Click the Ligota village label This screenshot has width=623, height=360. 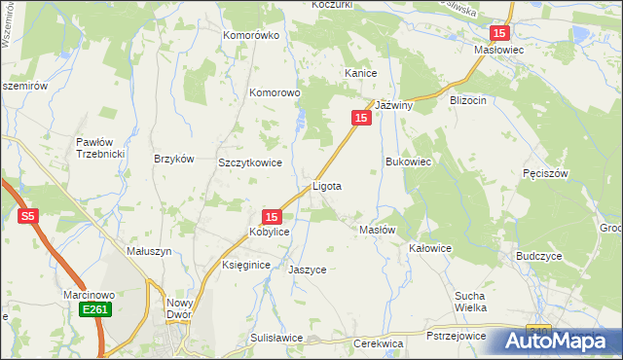(326, 185)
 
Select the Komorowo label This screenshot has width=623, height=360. (277, 93)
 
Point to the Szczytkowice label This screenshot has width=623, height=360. (250, 163)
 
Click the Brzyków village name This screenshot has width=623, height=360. (175, 159)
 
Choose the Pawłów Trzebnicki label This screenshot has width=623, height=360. (96, 149)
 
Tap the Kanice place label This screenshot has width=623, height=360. (360, 73)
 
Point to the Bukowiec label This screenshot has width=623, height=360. (408, 162)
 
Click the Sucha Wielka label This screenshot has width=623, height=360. (470, 301)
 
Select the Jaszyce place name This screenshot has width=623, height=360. (308, 270)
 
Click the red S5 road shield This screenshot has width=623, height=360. (28, 217)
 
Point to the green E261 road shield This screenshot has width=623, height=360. (95, 308)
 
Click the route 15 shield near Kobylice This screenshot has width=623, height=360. (273, 217)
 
